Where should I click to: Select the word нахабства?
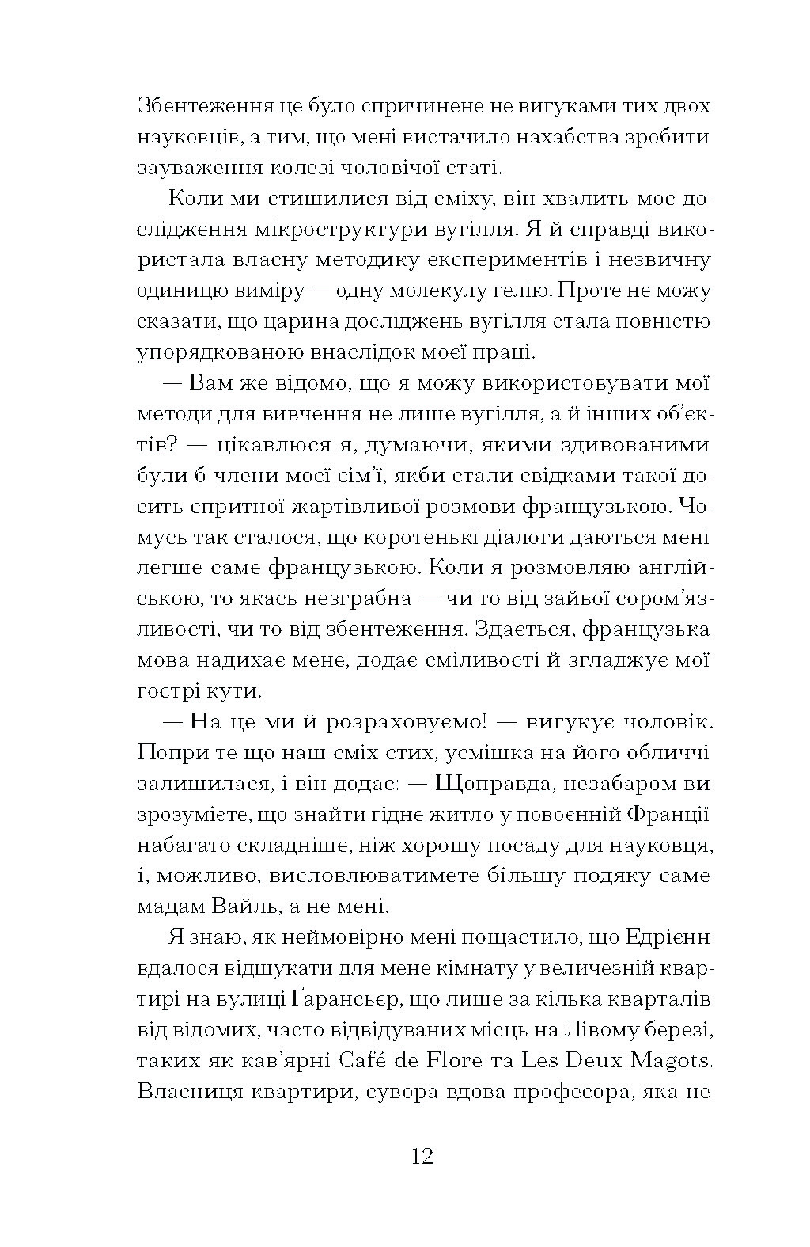pyautogui.click(x=566, y=136)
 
